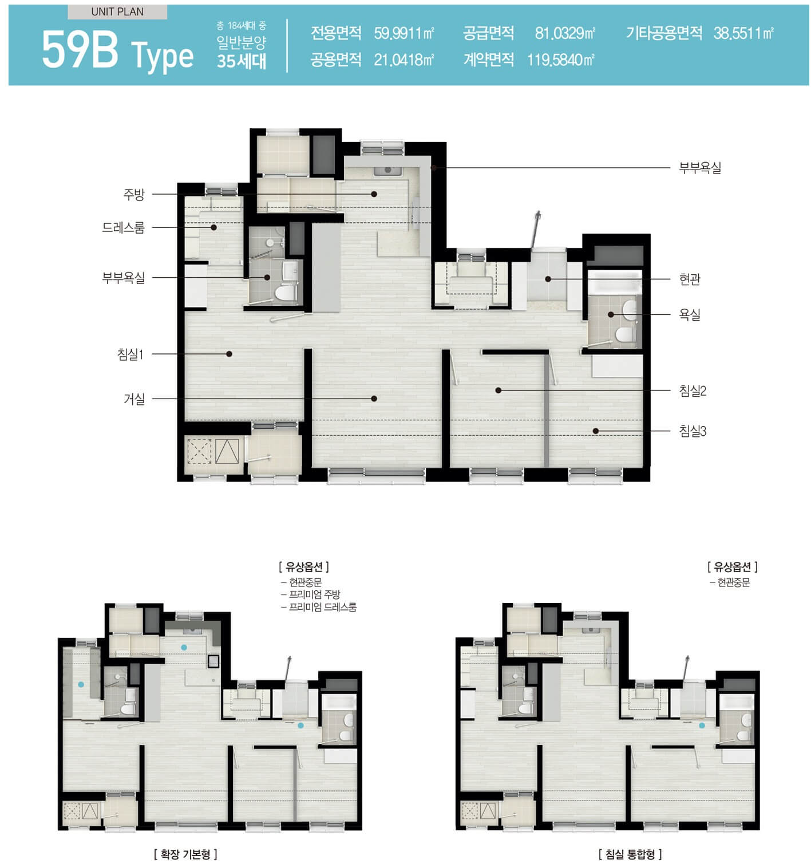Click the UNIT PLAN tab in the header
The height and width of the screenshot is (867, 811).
coord(117,12)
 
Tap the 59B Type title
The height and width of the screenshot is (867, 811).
coord(117,51)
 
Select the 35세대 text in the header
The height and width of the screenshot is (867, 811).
coord(242,61)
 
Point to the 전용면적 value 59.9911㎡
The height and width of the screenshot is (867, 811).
coord(403,33)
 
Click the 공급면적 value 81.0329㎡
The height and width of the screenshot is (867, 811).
coord(565,33)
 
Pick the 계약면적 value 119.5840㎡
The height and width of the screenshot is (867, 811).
coord(561,60)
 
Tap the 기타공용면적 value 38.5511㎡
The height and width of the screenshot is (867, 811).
coord(743,33)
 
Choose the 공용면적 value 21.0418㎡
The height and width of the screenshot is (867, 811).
coord(403,60)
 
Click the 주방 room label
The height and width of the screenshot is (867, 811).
coord(133,194)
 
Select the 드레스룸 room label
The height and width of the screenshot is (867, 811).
coord(123,227)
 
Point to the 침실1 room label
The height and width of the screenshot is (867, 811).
coord(130,354)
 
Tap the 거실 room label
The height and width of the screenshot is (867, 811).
coord(133,399)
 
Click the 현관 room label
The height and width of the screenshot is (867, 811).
coord(690,279)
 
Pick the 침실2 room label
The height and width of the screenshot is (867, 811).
coord(693,391)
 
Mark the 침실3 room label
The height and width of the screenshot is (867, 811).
coord(693,431)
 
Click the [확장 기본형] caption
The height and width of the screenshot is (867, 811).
coord(185,853)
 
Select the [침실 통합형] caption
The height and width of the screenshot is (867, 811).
coord(630,853)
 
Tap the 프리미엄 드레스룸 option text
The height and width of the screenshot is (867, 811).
coord(323,606)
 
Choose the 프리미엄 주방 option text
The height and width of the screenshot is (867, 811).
coord(314,594)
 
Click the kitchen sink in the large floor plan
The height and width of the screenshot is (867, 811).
coord(387,171)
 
